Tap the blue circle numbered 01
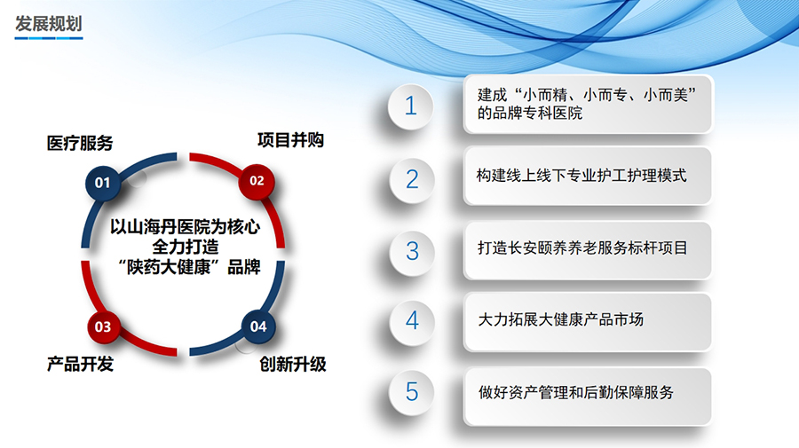coord(102,183)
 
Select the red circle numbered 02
coord(257,181)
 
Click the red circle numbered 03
coord(102,326)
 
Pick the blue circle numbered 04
coord(257,326)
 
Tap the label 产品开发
coord(80,365)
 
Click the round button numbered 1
coord(410,106)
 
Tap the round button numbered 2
coord(411,178)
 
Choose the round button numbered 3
coord(411,250)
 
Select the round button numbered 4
coord(411,320)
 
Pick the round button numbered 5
coord(411,391)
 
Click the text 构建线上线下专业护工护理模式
coord(581,176)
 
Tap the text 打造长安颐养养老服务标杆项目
coord(581,248)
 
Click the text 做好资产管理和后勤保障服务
coord(575,392)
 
